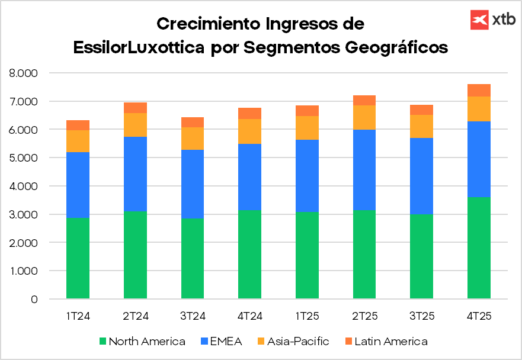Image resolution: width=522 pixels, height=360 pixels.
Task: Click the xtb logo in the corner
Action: coord(491,20)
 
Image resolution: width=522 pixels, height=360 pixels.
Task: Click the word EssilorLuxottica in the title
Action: coord(140,47)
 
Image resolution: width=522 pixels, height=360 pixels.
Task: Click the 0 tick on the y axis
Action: coord(34,300)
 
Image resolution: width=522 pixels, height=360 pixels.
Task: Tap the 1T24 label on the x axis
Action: coord(78,316)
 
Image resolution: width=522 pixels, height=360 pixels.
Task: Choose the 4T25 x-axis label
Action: coord(479,316)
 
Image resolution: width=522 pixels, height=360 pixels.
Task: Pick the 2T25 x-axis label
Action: coord(364,316)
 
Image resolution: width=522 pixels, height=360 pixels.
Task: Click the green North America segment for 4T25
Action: coord(479,248)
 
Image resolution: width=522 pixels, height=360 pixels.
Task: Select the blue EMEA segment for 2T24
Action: coord(135,174)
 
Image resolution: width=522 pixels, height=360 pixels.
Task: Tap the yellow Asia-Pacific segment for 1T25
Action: coord(307,128)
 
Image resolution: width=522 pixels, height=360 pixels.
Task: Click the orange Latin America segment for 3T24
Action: coord(193,122)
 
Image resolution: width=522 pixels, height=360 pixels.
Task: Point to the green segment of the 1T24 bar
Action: coord(78,258)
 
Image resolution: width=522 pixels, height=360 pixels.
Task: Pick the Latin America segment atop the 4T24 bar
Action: coord(249,113)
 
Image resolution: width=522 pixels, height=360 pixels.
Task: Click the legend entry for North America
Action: coord(142,342)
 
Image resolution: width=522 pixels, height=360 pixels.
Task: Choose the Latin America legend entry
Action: coord(385,342)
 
